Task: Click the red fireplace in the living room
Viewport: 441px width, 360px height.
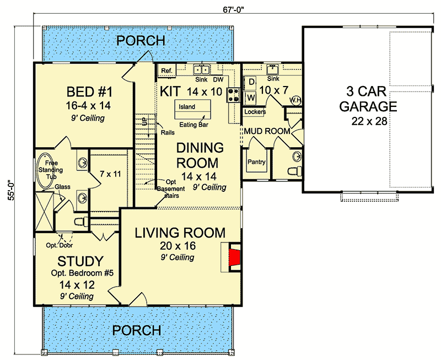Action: tap(235, 257)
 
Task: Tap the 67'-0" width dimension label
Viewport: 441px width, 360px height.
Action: tap(233, 9)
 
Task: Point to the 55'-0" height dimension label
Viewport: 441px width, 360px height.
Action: tap(11, 190)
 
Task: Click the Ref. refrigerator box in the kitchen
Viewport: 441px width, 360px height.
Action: tap(166, 71)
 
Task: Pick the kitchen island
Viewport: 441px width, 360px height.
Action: tap(193, 109)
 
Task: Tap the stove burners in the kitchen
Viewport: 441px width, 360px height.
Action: tap(233, 95)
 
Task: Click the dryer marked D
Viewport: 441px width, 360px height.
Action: tap(251, 82)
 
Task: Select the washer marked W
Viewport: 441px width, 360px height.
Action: tap(251, 98)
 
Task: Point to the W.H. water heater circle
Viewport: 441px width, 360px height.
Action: tap(295, 100)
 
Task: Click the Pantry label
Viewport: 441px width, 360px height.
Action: tap(256, 162)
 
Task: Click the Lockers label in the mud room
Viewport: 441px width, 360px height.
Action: tap(255, 112)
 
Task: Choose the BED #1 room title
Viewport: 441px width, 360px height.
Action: tap(89, 92)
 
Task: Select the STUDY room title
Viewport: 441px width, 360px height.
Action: tap(80, 261)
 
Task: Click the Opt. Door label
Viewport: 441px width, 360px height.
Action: tap(60, 245)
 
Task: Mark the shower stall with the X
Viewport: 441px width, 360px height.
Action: tap(44, 211)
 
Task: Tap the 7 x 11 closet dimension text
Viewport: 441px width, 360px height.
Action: tap(110, 174)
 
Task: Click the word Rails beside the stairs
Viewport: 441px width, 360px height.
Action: tap(168, 132)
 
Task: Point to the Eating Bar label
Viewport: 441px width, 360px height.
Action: tap(194, 125)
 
